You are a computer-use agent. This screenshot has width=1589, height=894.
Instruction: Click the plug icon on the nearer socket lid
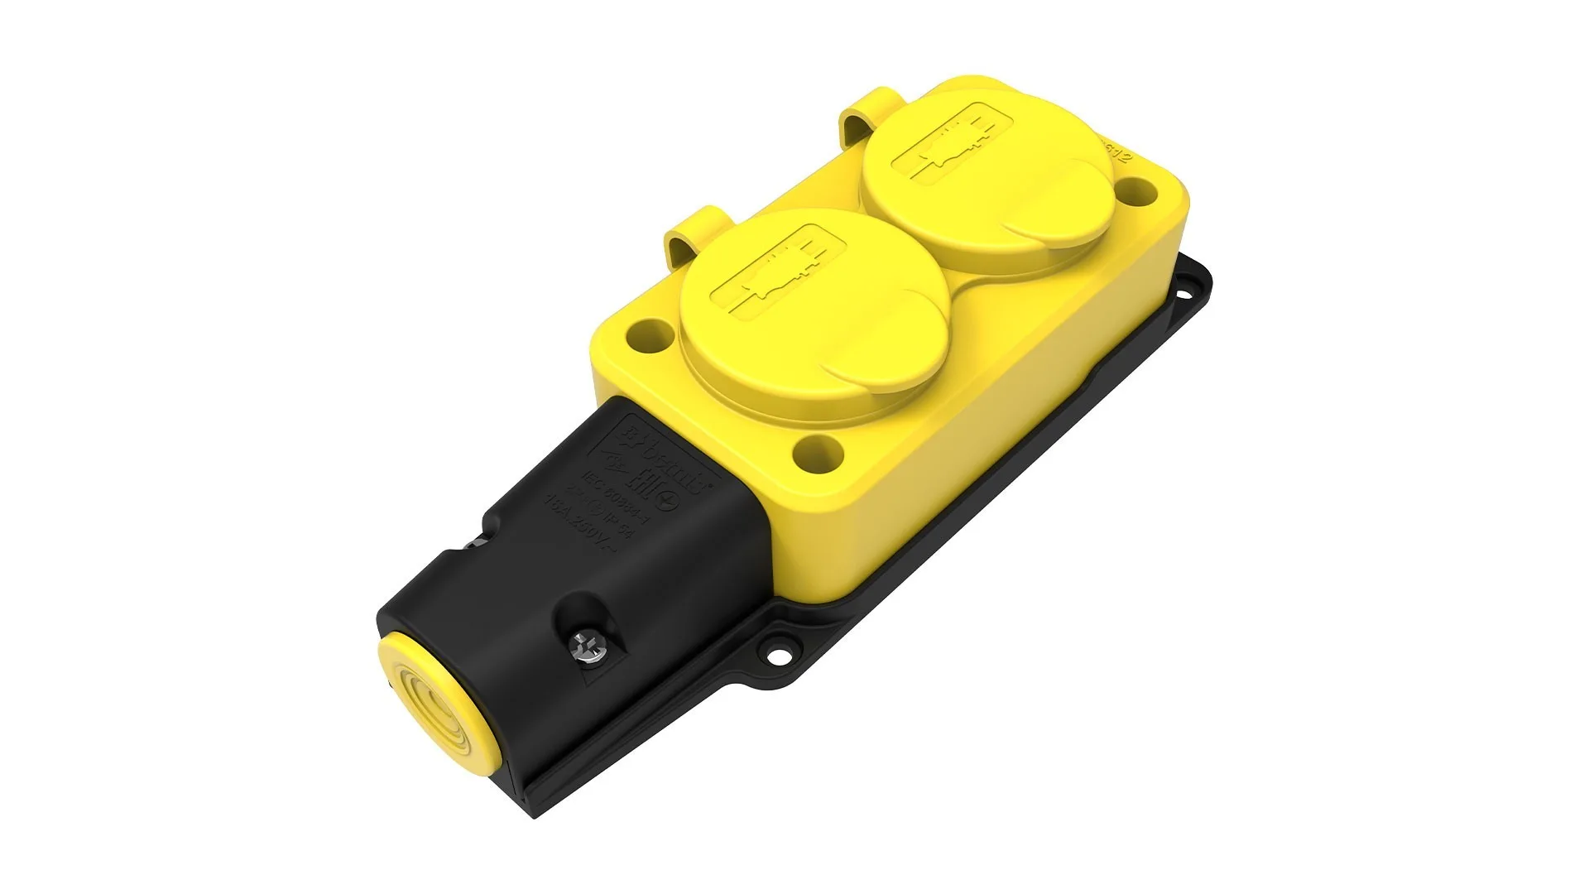pos(778,273)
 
